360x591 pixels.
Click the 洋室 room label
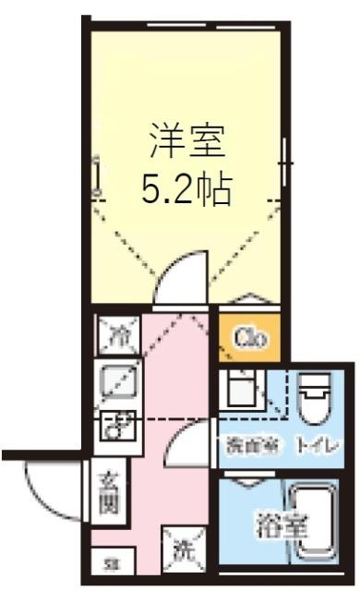[187, 145]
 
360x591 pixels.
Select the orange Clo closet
[249, 338]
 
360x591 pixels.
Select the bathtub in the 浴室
[314, 525]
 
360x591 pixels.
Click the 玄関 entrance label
[108, 495]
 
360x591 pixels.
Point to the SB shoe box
[109, 562]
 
